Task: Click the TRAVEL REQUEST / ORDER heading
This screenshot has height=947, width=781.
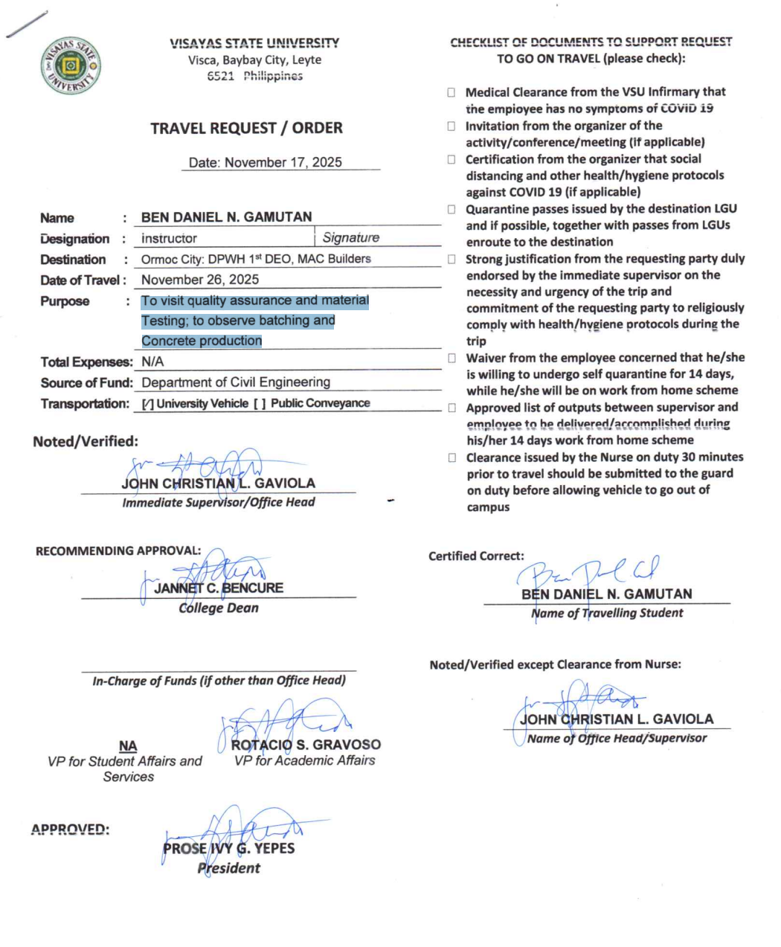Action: [246, 128]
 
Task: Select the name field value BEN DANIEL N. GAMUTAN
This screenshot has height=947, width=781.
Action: [226, 217]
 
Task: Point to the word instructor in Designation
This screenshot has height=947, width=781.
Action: [170, 239]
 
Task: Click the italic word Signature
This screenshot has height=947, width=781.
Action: [351, 238]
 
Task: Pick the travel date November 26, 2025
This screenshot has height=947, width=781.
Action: [200, 280]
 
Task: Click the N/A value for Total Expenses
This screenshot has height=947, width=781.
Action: [152, 362]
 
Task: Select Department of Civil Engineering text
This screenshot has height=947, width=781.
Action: [236, 382]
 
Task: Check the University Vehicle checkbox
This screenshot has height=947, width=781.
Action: [148, 404]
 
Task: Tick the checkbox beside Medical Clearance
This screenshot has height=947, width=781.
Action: [451, 92]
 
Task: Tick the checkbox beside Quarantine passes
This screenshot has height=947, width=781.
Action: [451, 209]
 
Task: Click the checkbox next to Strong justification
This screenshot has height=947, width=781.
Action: [451, 259]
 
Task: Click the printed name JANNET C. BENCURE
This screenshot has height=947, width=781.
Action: [219, 588]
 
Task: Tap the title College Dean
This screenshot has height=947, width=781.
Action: [219, 609]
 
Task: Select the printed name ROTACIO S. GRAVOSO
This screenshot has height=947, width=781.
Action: [306, 745]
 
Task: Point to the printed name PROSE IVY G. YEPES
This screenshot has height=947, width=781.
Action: [229, 849]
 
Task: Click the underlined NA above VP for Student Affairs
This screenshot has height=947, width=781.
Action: [128, 746]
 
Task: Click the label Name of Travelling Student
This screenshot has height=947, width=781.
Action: [607, 614]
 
